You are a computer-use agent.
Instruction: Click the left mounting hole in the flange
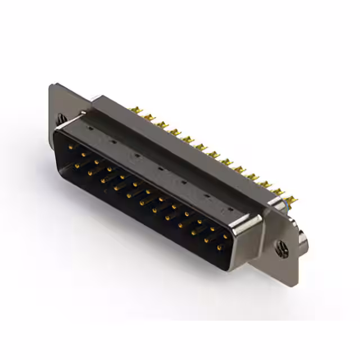point(61,119)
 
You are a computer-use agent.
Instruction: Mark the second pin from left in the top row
point(83,154)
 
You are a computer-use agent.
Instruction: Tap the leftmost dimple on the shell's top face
point(89,128)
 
